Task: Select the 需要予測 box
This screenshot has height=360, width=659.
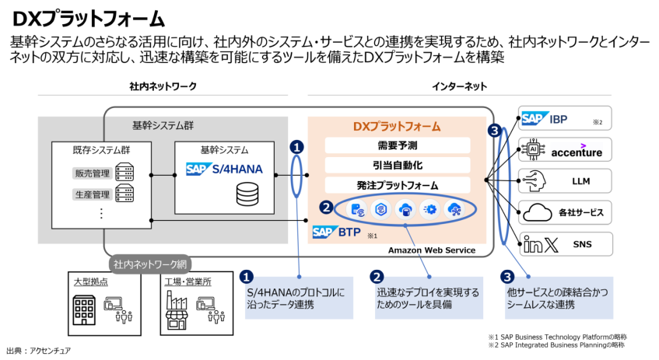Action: [397, 145]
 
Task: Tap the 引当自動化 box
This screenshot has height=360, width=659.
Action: [397, 166]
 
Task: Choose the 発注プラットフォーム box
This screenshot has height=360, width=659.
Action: [397, 186]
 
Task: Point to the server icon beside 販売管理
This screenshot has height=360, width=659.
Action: [124, 173]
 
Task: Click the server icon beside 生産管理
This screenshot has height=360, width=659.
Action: [124, 193]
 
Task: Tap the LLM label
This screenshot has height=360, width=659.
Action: [580, 181]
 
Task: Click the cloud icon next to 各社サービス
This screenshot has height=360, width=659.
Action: [538, 211]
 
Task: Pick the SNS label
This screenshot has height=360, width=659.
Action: [582, 244]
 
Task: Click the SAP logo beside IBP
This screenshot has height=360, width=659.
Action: [535, 119]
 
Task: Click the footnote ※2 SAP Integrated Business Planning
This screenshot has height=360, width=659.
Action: [556, 344]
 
